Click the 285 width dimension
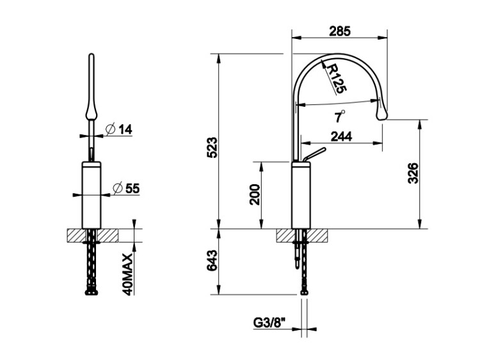point(339,31)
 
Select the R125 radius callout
point(337,79)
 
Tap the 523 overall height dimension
point(212,148)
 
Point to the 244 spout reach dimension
point(341,136)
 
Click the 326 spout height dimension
point(413,173)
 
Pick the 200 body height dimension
point(255,194)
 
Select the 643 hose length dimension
point(212,261)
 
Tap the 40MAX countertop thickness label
point(128,274)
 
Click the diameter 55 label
point(126,189)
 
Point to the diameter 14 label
point(119,129)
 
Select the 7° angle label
point(339,116)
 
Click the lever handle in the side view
point(314,155)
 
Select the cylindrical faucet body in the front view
point(92,195)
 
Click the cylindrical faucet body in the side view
point(301,195)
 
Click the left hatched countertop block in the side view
point(284,235)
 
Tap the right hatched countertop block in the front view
point(108,235)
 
